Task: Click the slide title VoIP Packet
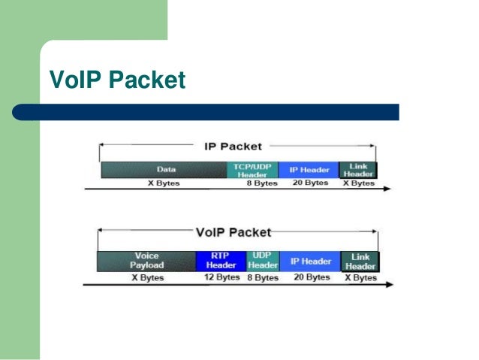click(116, 79)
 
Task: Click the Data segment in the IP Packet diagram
click(163, 170)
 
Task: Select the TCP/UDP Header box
click(252, 170)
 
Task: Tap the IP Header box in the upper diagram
click(309, 170)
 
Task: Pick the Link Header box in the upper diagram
click(358, 170)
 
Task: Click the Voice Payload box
click(146, 261)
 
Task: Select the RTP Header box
click(221, 261)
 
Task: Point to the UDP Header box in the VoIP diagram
click(263, 261)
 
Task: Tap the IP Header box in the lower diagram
click(311, 261)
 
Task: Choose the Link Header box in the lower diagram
click(360, 262)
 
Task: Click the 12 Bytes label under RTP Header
click(222, 278)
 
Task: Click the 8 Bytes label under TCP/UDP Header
click(262, 183)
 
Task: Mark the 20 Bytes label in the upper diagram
click(311, 183)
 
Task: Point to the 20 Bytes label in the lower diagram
click(312, 278)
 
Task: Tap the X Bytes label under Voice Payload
click(148, 278)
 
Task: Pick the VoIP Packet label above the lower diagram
click(233, 233)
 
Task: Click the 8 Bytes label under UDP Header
click(263, 278)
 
